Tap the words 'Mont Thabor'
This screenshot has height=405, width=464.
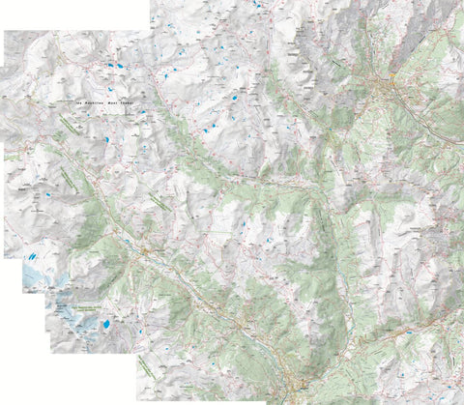[x=131, y=101]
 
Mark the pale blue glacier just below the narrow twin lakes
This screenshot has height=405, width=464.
[x=39, y=280]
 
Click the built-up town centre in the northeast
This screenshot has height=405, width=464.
[x=387, y=87]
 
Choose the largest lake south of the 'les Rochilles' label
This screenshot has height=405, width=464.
[x=101, y=141]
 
